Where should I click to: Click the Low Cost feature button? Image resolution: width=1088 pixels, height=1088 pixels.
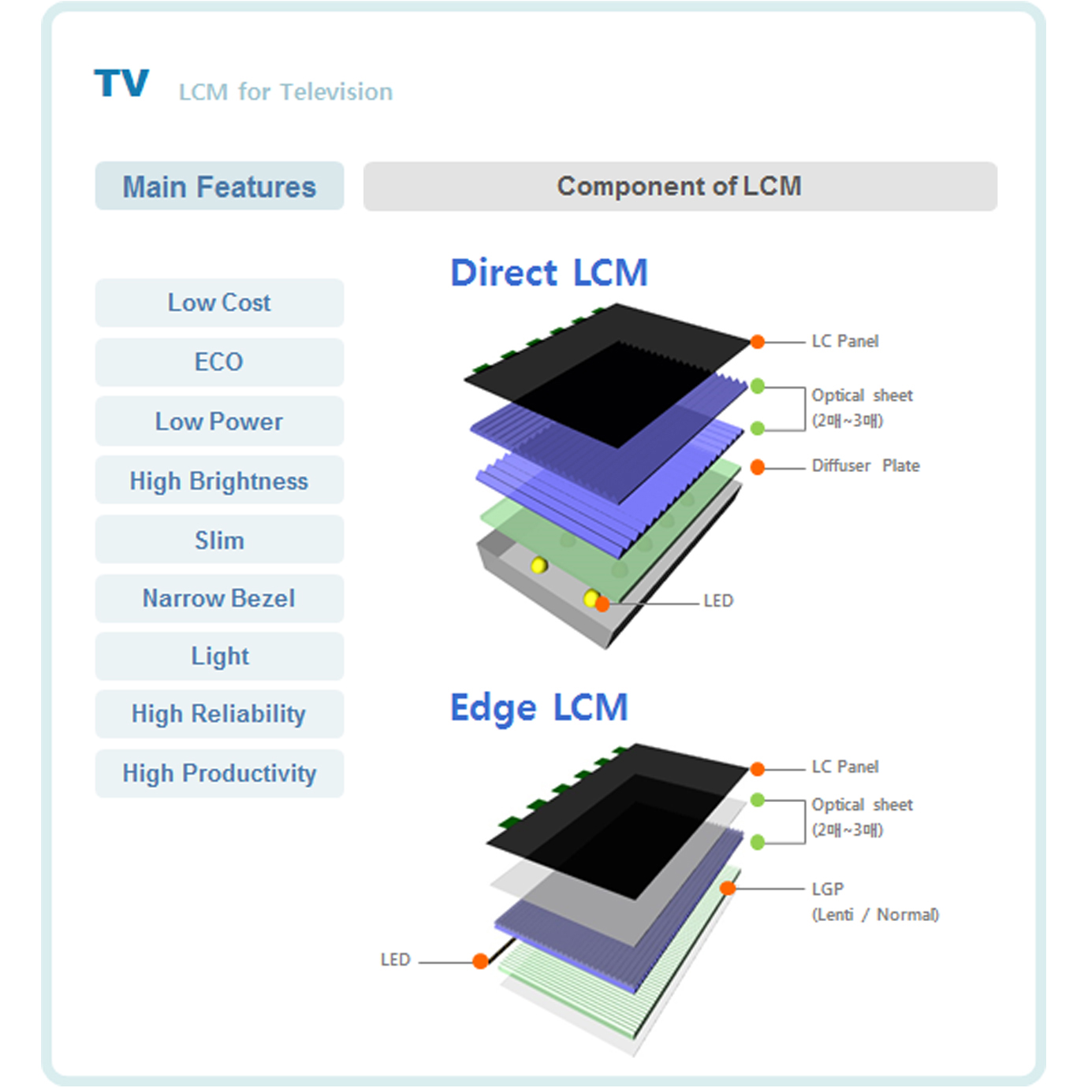tap(219, 303)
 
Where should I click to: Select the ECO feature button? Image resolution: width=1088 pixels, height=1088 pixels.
tap(219, 362)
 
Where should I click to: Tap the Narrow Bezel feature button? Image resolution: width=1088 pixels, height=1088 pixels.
tap(219, 599)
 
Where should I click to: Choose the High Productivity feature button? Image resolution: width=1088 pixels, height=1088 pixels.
tap(219, 774)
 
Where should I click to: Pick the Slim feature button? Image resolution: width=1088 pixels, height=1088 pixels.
tap(219, 539)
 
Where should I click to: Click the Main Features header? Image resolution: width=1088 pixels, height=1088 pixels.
tap(219, 186)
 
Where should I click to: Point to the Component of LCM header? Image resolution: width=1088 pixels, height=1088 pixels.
tap(680, 186)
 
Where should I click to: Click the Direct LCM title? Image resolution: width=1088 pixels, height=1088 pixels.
tap(549, 273)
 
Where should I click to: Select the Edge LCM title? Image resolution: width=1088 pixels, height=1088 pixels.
tap(539, 708)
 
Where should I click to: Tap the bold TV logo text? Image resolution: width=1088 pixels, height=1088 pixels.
tap(121, 83)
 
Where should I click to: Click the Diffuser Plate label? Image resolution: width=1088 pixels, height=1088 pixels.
tap(866, 466)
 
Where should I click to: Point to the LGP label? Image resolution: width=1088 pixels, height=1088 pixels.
tap(828, 889)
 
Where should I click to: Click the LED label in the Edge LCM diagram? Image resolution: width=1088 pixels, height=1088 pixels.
tap(395, 960)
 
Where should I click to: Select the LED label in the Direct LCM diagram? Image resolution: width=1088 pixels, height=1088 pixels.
tap(718, 601)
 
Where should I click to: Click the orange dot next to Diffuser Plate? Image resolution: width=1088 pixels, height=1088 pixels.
tap(758, 467)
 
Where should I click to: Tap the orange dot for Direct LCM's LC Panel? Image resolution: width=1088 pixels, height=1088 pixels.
tap(758, 342)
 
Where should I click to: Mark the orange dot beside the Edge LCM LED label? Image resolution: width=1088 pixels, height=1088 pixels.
tap(480, 961)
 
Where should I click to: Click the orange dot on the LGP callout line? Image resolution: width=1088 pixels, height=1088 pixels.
tap(728, 889)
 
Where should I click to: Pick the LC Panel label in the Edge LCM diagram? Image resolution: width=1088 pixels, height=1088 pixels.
tap(845, 767)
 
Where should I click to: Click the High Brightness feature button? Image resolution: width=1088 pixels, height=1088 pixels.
tap(219, 480)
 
